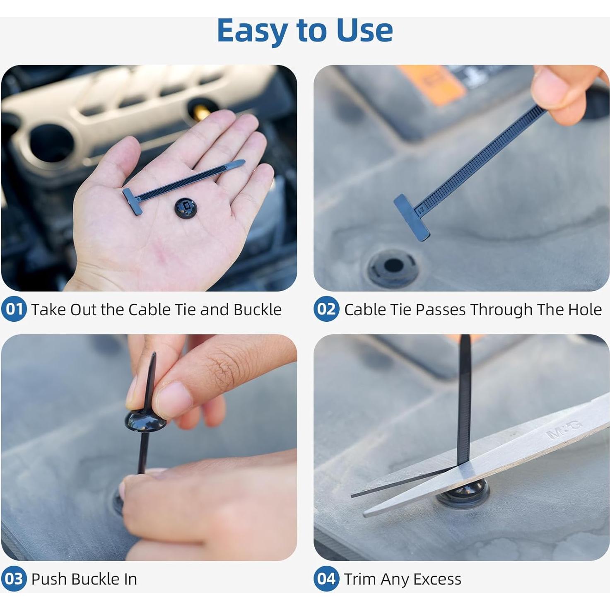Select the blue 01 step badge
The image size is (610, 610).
pyautogui.click(x=14, y=309)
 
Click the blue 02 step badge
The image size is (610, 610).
pyautogui.click(x=326, y=309)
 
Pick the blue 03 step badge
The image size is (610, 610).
pyautogui.click(x=14, y=579)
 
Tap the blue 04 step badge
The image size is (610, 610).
pyautogui.click(x=326, y=579)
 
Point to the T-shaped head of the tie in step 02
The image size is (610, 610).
pyautogui.click(x=412, y=217)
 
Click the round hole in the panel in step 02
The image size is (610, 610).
pyautogui.click(x=393, y=265)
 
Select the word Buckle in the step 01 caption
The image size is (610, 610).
pyautogui.click(x=257, y=310)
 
